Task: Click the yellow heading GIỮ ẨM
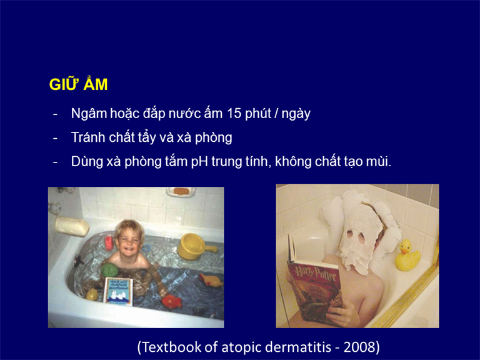click(78, 84)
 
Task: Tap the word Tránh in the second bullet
click(88, 137)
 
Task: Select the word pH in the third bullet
click(199, 162)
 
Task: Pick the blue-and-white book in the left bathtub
click(119, 292)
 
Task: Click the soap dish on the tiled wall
click(181, 192)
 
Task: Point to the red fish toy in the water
click(172, 301)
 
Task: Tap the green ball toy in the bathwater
click(109, 270)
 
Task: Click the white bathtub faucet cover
click(72, 227)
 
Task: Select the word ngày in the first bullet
click(296, 114)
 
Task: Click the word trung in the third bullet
click(226, 162)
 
